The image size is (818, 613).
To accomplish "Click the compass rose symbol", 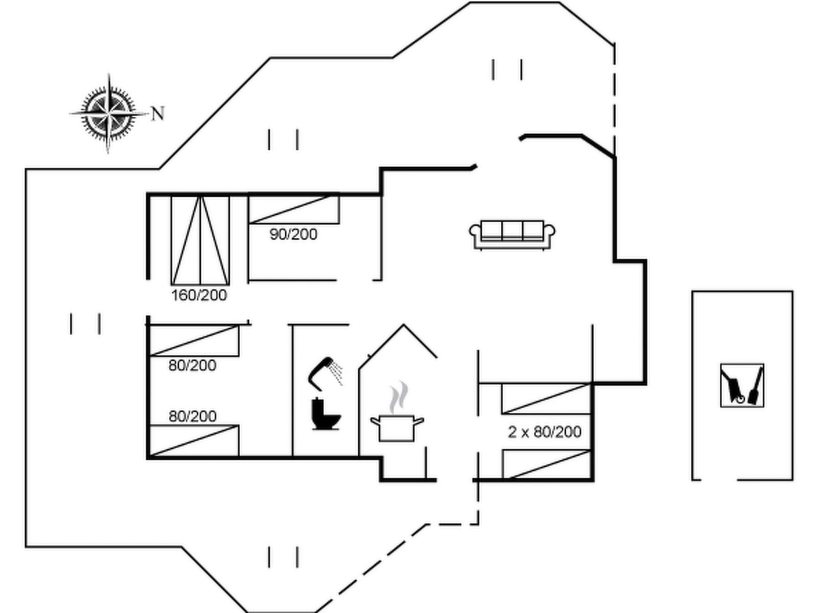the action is (108, 113).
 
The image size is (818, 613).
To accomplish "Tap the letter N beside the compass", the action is (157, 113).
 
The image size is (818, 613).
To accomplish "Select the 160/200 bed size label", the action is (199, 295).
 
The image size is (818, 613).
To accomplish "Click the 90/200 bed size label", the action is (293, 234).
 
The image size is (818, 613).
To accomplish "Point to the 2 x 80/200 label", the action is (544, 432).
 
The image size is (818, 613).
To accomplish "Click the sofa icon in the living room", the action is (512, 235).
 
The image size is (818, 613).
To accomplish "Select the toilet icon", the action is (326, 414).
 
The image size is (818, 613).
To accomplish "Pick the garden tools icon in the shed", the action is (742, 385).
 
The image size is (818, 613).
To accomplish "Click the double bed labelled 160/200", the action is (200, 240).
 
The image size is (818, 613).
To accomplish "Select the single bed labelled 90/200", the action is (294, 210).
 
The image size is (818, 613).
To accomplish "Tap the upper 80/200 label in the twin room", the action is (192, 365).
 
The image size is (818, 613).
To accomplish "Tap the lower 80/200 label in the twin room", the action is (192, 416).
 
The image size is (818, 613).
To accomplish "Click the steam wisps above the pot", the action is (399, 397).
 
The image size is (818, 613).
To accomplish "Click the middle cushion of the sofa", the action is (512, 230).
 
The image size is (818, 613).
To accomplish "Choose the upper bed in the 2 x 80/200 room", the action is (547, 398).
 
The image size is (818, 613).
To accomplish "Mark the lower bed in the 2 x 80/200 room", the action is (547, 464).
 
